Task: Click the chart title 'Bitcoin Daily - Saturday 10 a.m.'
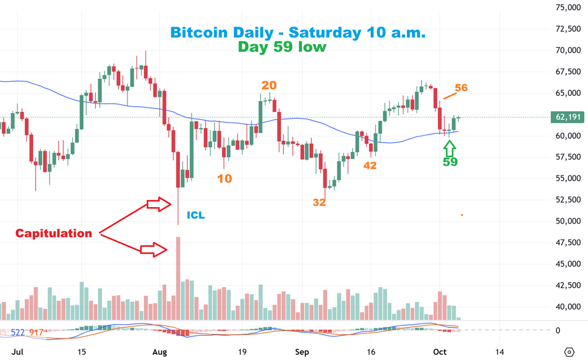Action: pos(298,33)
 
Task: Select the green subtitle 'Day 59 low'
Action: pos(282,47)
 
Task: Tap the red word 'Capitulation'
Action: pos(54,233)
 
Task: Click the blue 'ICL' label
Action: pos(196,215)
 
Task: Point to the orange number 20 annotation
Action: pos(269,85)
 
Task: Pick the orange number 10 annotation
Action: pos(224,179)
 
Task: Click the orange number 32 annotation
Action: pos(319,203)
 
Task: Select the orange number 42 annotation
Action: pos(370,166)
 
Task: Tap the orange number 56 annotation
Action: pos(461,88)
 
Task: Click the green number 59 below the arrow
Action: pos(450,163)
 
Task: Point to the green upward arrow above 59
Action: pos(450,148)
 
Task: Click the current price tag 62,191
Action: pos(569,117)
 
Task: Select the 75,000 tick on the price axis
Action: pos(568,8)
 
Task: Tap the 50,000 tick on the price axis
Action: pos(568,221)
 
